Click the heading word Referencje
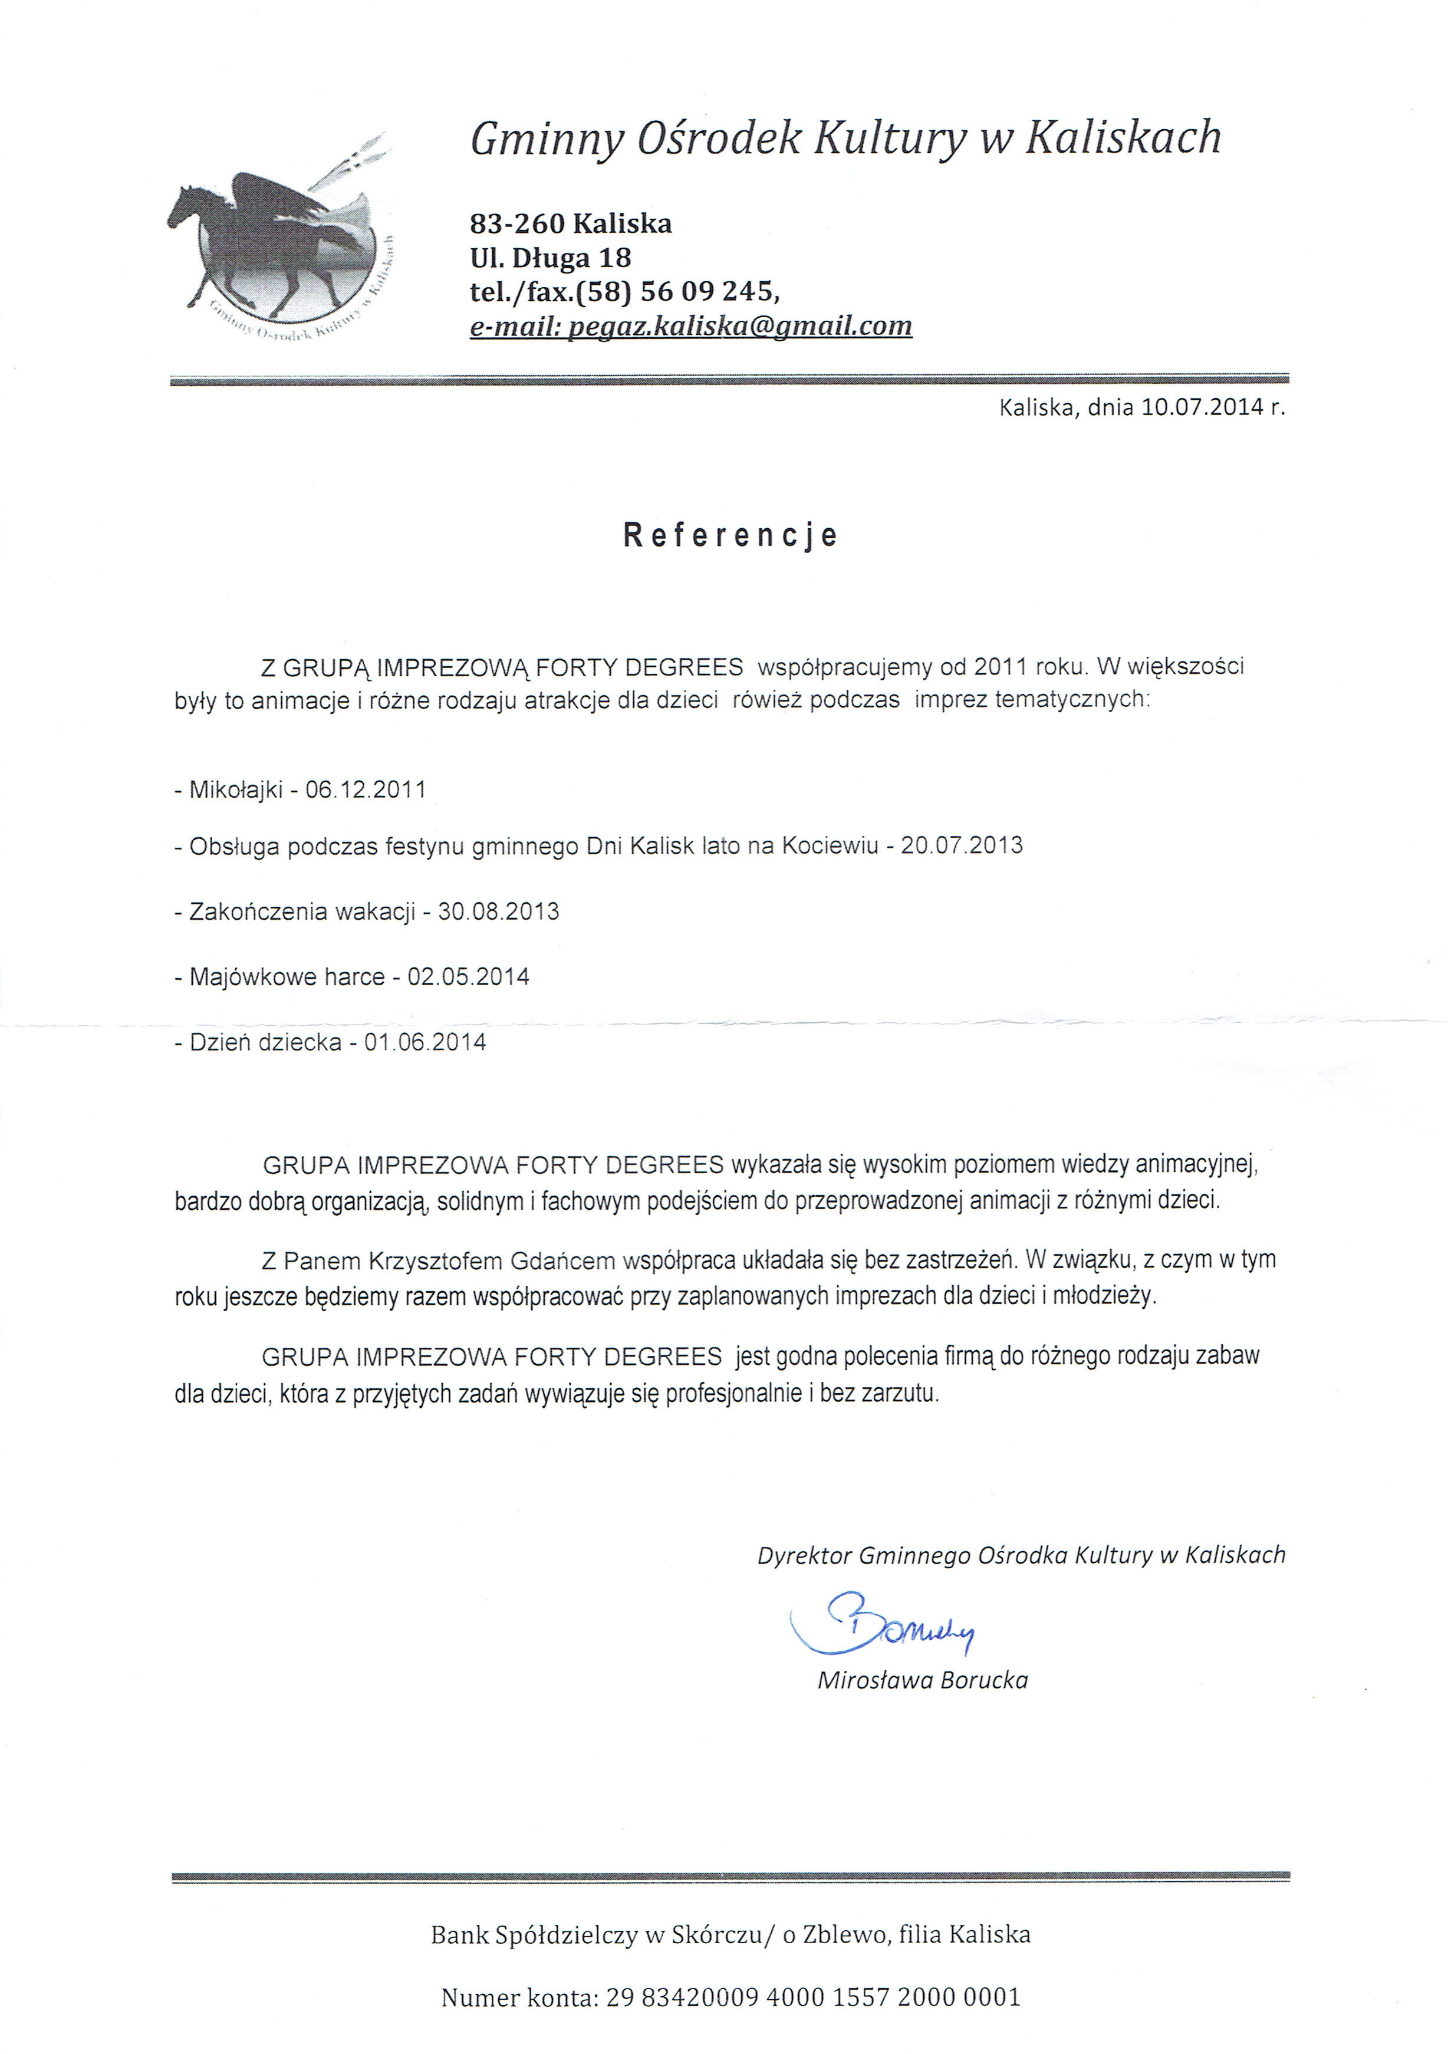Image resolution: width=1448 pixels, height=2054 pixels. [x=730, y=535]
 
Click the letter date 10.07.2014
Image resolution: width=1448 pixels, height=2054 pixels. [x=1203, y=407]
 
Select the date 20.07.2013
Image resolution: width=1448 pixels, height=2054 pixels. [x=962, y=845]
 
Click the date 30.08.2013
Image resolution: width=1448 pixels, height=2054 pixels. [x=498, y=911]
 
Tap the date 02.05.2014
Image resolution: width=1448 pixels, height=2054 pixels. [x=469, y=976]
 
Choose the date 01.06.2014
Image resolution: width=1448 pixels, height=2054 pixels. [x=425, y=1042]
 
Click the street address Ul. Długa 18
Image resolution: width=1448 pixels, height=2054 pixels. [x=551, y=258]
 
